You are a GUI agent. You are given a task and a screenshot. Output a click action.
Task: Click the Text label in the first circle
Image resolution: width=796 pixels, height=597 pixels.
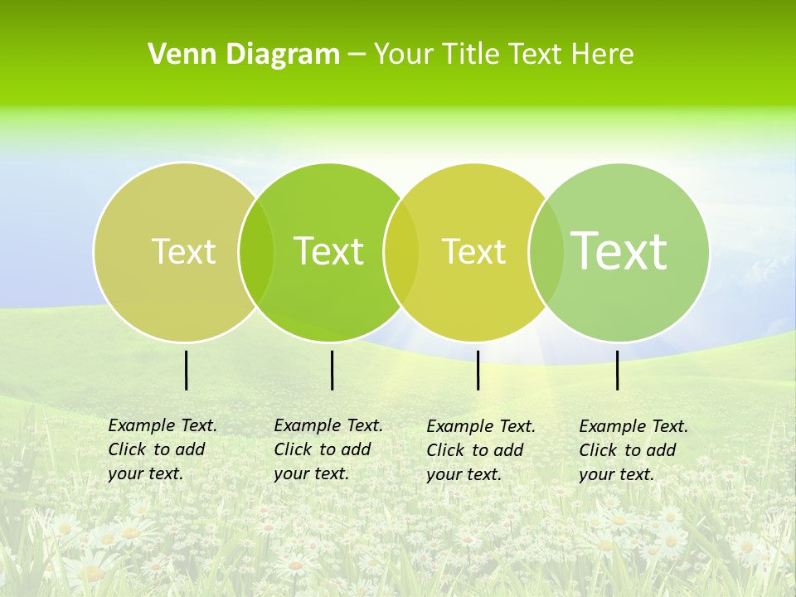[183, 251]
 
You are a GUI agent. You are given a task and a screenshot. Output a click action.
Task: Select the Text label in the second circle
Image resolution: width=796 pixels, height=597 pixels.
[328, 251]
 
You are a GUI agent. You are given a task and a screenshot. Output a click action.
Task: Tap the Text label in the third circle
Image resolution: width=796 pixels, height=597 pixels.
[473, 251]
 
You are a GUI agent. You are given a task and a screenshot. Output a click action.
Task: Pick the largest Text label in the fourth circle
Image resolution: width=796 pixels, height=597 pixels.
[619, 250]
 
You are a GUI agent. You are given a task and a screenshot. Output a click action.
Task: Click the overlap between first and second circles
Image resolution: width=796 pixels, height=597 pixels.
[256, 251]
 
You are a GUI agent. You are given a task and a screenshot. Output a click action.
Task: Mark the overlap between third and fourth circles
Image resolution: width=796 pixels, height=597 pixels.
[543, 251]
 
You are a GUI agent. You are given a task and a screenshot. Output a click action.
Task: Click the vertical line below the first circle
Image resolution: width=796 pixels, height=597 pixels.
[186, 370]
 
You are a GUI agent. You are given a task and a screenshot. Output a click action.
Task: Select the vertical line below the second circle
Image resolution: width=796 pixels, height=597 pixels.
[332, 370]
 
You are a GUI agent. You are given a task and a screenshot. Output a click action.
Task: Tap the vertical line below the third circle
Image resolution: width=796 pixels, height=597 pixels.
[478, 370]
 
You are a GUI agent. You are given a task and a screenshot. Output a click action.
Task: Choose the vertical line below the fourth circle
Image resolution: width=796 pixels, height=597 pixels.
[617, 370]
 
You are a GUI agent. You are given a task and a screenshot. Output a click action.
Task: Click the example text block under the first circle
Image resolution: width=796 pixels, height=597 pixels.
[163, 449]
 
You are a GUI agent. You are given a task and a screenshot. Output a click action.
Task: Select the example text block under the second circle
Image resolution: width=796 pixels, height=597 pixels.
[328, 449]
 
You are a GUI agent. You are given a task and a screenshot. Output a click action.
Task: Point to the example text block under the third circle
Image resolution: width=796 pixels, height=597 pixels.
[481, 450]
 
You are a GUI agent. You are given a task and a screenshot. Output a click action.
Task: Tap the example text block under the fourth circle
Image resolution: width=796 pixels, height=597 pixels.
[633, 450]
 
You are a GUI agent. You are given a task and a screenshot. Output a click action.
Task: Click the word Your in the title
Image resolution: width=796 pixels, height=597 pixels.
[404, 54]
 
